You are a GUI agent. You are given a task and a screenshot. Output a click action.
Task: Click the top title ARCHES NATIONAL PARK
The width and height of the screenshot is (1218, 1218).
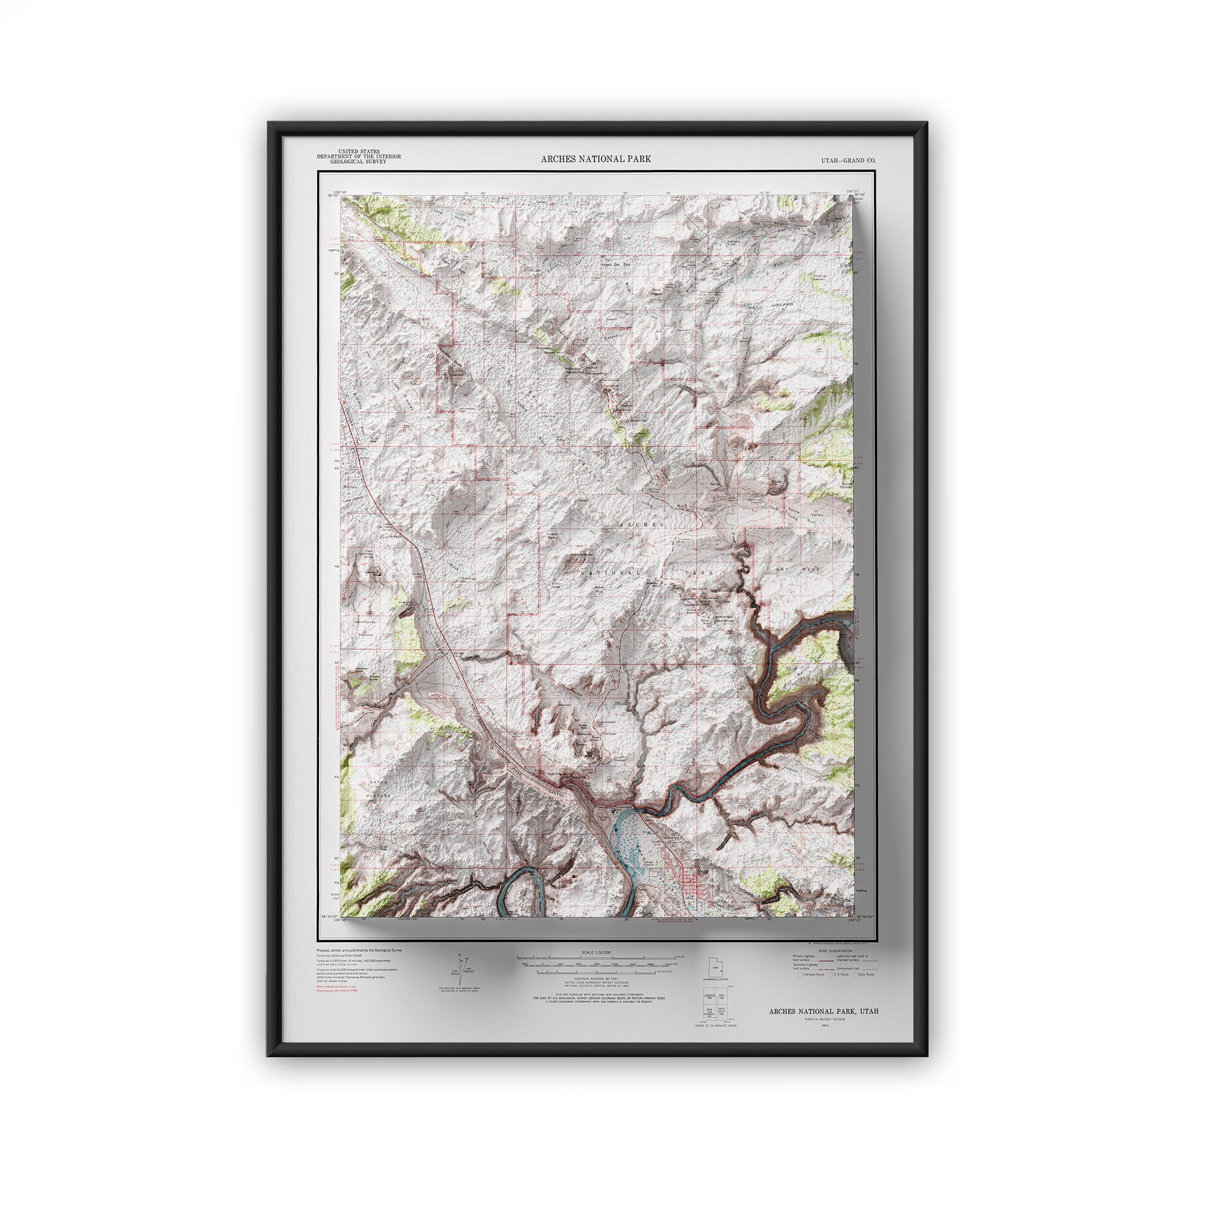pyautogui.click(x=596, y=159)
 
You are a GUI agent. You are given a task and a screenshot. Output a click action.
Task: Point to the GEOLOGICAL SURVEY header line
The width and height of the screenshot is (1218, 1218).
pyautogui.click(x=359, y=161)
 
